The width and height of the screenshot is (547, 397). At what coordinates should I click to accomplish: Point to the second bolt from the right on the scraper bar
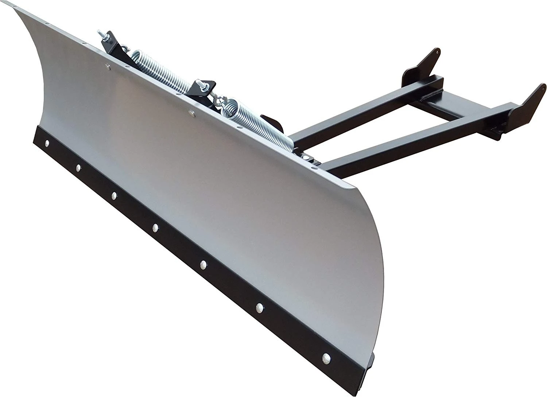[260, 305]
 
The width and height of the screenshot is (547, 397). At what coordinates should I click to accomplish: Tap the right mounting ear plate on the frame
[525, 102]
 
